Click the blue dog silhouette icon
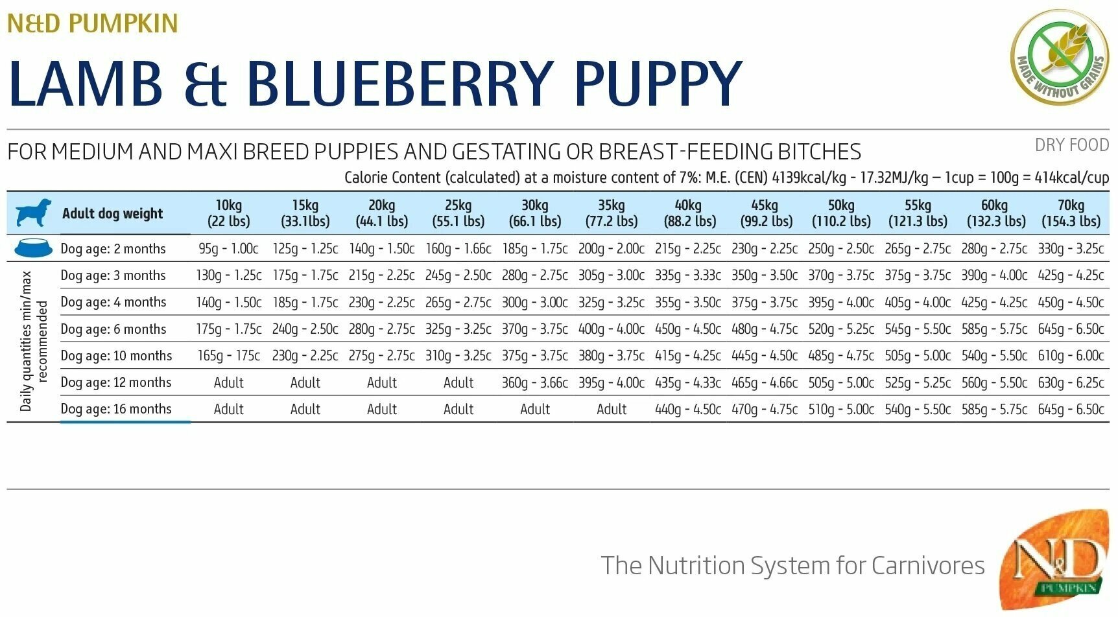33,213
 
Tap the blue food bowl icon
32,248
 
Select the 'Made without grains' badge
1059,56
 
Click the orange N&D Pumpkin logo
1055,559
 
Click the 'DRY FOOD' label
1071,145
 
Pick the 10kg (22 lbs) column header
228,213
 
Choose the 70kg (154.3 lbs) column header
1071,213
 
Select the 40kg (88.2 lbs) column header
688,213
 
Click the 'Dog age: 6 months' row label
113,329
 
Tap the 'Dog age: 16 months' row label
116,409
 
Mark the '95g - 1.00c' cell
228,249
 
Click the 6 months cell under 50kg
841,329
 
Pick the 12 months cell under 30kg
534,383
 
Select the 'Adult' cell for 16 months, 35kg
612,410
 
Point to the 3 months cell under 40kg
688,275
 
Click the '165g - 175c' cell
228,356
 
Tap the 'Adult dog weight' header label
113,213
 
